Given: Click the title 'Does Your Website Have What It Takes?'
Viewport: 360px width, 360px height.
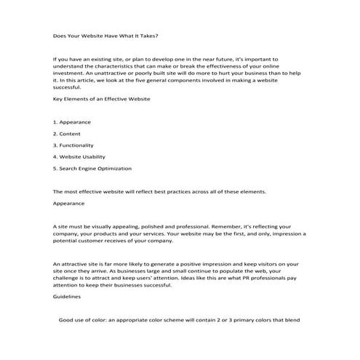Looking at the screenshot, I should (x=105, y=35).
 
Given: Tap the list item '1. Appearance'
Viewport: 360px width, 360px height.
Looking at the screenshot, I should (x=72, y=121).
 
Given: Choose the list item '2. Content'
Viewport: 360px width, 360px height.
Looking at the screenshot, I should (x=68, y=133).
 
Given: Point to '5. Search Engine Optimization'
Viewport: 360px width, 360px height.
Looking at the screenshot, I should (x=92, y=168).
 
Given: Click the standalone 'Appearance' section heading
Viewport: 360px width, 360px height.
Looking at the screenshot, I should (x=69, y=204).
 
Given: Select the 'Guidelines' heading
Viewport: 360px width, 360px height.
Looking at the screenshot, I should (x=68, y=297).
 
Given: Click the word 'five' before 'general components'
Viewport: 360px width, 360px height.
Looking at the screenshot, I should (x=175, y=81).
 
